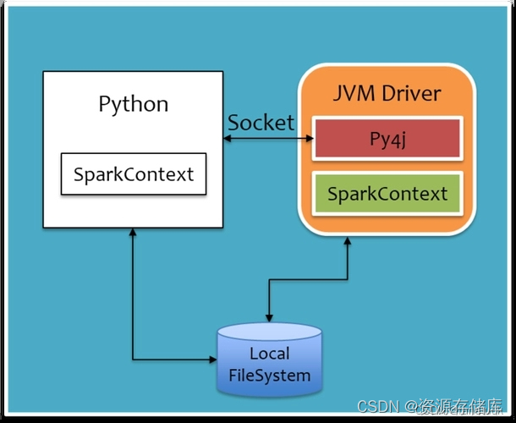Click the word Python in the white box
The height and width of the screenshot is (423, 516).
coord(134,104)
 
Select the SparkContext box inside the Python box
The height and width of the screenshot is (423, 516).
coord(134,174)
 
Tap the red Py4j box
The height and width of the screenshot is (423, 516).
coord(388,139)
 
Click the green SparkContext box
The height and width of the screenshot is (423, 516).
coord(388,193)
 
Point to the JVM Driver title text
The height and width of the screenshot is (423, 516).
coord(387,92)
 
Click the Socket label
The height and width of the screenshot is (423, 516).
coord(261,122)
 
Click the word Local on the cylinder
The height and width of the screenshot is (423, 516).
coord(269,354)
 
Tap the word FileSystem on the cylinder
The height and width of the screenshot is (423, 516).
coord(269,375)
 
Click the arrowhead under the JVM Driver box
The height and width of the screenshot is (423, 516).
coord(347,241)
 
